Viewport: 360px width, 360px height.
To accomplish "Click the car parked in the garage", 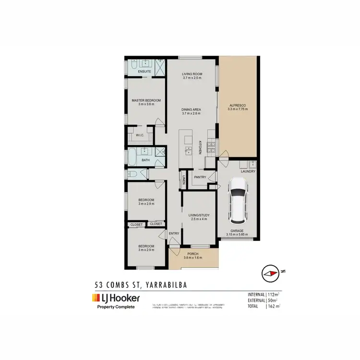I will click(x=238, y=201).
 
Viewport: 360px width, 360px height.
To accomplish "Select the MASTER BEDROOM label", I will click(x=146, y=100).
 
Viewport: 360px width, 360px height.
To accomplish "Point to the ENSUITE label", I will click(x=144, y=72).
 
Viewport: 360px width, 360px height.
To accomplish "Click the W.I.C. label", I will click(x=140, y=135).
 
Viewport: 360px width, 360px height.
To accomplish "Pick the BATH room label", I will click(x=145, y=160).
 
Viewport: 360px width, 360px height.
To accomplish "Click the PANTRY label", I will click(x=200, y=177).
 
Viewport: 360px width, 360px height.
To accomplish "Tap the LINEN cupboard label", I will click(x=184, y=180).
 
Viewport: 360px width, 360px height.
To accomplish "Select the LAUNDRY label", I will click(x=248, y=171).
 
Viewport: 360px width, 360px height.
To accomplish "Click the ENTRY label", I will click(x=174, y=234).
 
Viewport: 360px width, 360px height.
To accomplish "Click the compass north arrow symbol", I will click(x=270, y=273).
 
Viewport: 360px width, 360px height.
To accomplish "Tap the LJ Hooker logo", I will click(x=117, y=298).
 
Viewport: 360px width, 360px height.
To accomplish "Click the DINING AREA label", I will click(x=191, y=109).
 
